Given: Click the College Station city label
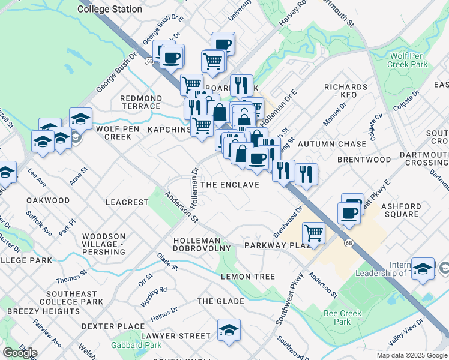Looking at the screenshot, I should pos(110,9).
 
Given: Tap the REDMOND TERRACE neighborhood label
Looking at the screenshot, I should pos(141,102).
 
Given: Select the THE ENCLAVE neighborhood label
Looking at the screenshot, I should pos(230,185).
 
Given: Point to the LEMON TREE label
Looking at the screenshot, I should pos(248,277).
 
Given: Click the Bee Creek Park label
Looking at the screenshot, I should pos(342,317).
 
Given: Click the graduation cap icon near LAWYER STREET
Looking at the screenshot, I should pos(228,331).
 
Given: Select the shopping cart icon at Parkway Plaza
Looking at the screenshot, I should pos(314,232).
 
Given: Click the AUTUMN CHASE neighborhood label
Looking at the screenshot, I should pos(332,144).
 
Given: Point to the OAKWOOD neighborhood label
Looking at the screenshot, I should pos(49,200).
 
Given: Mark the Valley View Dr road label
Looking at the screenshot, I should pos(406,331).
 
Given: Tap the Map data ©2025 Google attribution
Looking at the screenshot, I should pos(412,355).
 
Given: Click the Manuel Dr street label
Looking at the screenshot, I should pos(334,114).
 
